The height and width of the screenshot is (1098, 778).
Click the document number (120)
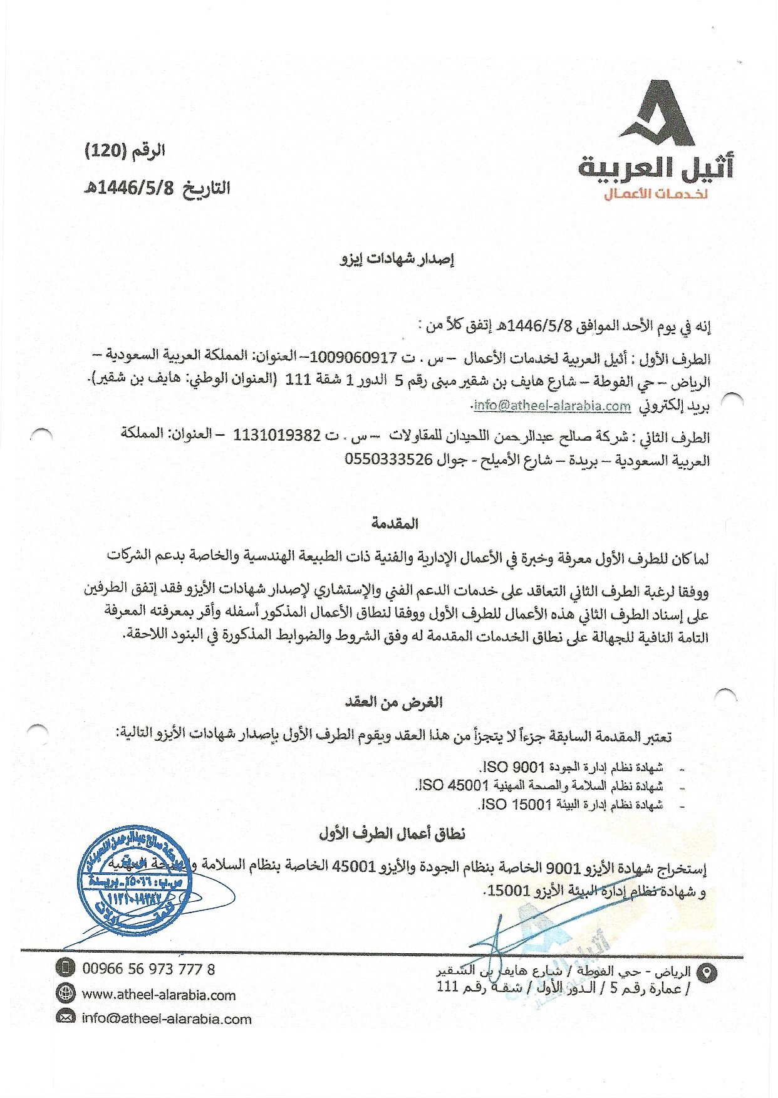click(x=106, y=151)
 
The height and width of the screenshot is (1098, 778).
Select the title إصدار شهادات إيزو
click(x=397, y=259)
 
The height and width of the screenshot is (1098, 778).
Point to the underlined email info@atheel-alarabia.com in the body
click(x=552, y=405)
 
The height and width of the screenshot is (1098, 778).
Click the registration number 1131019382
click(x=277, y=435)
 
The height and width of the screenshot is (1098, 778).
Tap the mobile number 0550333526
click(x=389, y=459)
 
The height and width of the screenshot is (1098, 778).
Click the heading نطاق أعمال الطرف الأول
click(x=392, y=834)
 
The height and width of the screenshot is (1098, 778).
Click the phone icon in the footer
click(x=65, y=968)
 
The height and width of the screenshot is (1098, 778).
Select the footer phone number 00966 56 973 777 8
click(x=149, y=970)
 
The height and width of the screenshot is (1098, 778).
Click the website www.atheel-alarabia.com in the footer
click(x=159, y=995)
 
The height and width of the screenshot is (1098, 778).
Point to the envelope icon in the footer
click(x=65, y=1018)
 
